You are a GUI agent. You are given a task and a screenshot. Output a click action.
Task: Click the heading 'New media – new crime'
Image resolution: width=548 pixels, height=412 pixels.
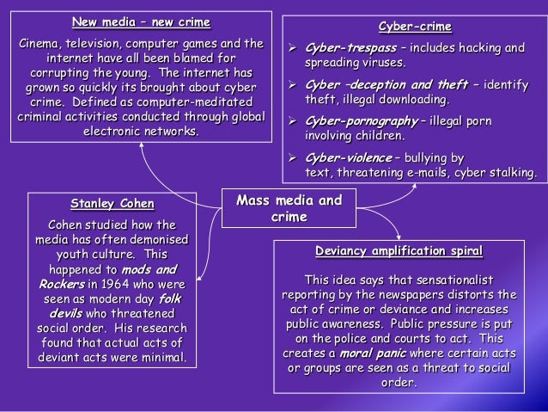(x=141, y=22)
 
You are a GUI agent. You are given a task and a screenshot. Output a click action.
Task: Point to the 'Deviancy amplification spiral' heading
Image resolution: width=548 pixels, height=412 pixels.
(x=398, y=251)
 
